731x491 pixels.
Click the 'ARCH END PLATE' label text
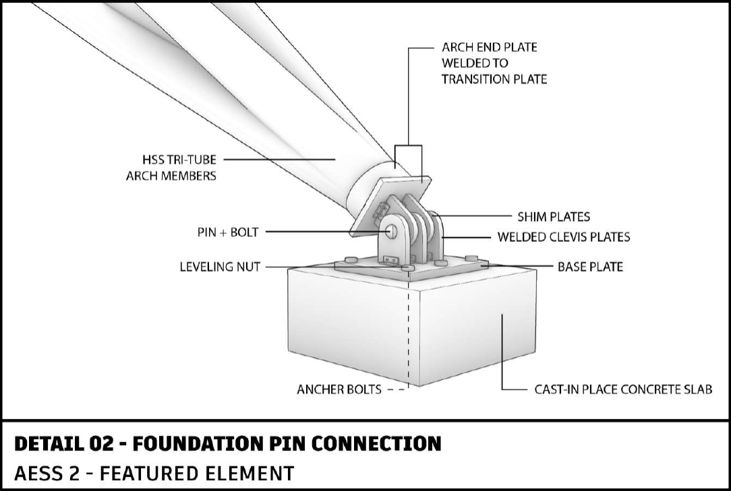[489, 48]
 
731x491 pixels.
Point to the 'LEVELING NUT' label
[219, 267]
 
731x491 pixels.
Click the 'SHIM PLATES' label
[553, 217]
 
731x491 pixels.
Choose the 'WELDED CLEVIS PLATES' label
[563, 237]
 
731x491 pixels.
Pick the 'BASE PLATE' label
[589, 267]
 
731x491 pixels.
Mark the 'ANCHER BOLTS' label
[339, 389]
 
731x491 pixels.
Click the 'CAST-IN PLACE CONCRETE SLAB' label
[623, 389]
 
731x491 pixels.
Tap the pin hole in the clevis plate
[391, 230]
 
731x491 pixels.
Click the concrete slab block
[465, 330]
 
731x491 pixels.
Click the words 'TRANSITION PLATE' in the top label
[494, 79]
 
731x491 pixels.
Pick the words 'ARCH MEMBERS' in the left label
[171, 176]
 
